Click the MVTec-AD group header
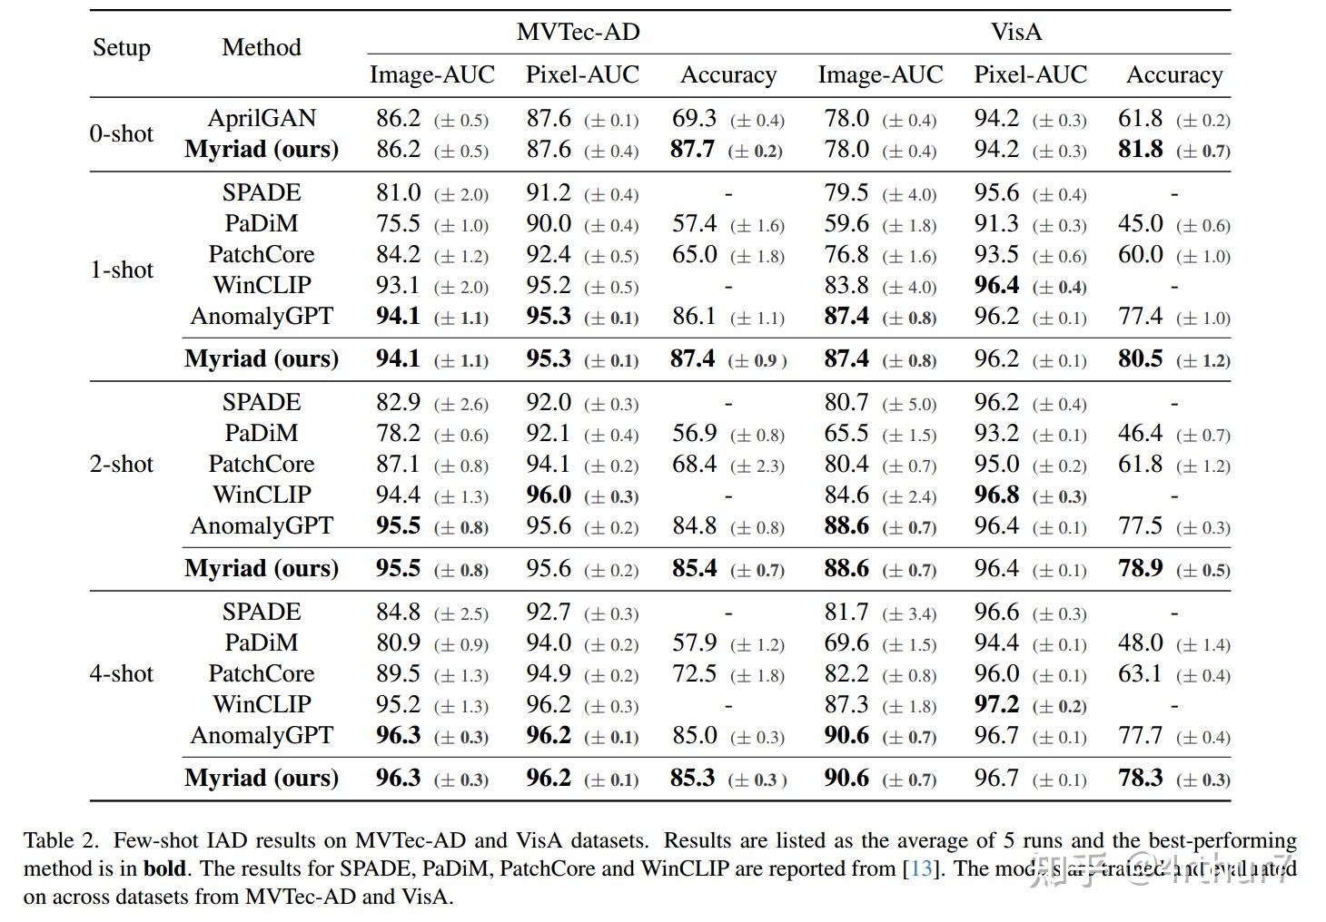click(x=578, y=33)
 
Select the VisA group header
click(x=1016, y=33)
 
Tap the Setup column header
click(x=122, y=48)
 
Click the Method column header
click(x=261, y=48)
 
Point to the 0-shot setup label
click(x=122, y=134)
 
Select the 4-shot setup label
click(x=122, y=674)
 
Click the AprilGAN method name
click(x=262, y=119)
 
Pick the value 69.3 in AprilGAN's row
click(x=695, y=119)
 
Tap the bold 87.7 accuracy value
click(x=692, y=150)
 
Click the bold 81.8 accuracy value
click(x=1140, y=150)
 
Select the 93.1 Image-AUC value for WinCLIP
click(x=398, y=286)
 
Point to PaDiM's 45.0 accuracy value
click(x=1140, y=224)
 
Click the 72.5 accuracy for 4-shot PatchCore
click(x=695, y=674)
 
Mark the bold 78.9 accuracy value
click(x=1140, y=569)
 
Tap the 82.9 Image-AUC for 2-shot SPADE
click(x=398, y=403)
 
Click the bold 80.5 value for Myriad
click(x=1140, y=359)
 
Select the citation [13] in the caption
click(x=921, y=869)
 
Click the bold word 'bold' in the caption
click(x=164, y=869)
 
